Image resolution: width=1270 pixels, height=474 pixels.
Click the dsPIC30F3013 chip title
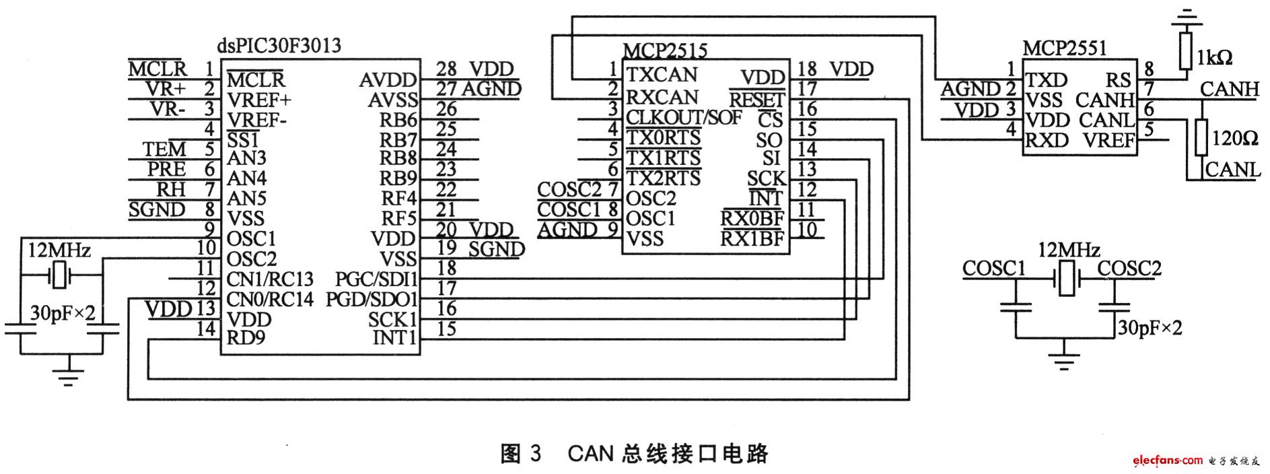click(x=279, y=46)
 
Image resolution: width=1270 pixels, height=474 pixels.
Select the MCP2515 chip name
click(x=665, y=50)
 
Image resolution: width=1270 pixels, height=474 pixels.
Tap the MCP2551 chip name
click(x=1065, y=48)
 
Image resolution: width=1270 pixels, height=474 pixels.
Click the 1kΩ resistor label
click(x=1215, y=58)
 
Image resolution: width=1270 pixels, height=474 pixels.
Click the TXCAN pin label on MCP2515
click(x=662, y=74)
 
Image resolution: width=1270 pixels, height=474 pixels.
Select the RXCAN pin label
click(x=662, y=97)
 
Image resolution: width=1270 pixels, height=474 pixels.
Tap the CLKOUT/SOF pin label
click(x=684, y=117)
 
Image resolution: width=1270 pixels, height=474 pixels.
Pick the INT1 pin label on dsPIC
click(x=395, y=337)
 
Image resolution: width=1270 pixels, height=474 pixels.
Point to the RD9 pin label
click(x=246, y=337)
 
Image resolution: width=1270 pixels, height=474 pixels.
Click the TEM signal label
click(x=164, y=149)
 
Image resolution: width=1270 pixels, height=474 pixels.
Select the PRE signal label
click(x=166, y=169)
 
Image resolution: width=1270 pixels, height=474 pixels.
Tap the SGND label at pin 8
click(x=157, y=209)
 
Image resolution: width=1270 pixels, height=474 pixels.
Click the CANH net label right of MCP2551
click(x=1229, y=89)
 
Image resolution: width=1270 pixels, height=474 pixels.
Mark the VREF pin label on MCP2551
click(x=1109, y=141)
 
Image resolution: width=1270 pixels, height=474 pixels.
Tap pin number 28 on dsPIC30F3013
click(x=446, y=69)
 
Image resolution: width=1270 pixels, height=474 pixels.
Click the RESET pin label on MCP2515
click(x=756, y=100)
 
